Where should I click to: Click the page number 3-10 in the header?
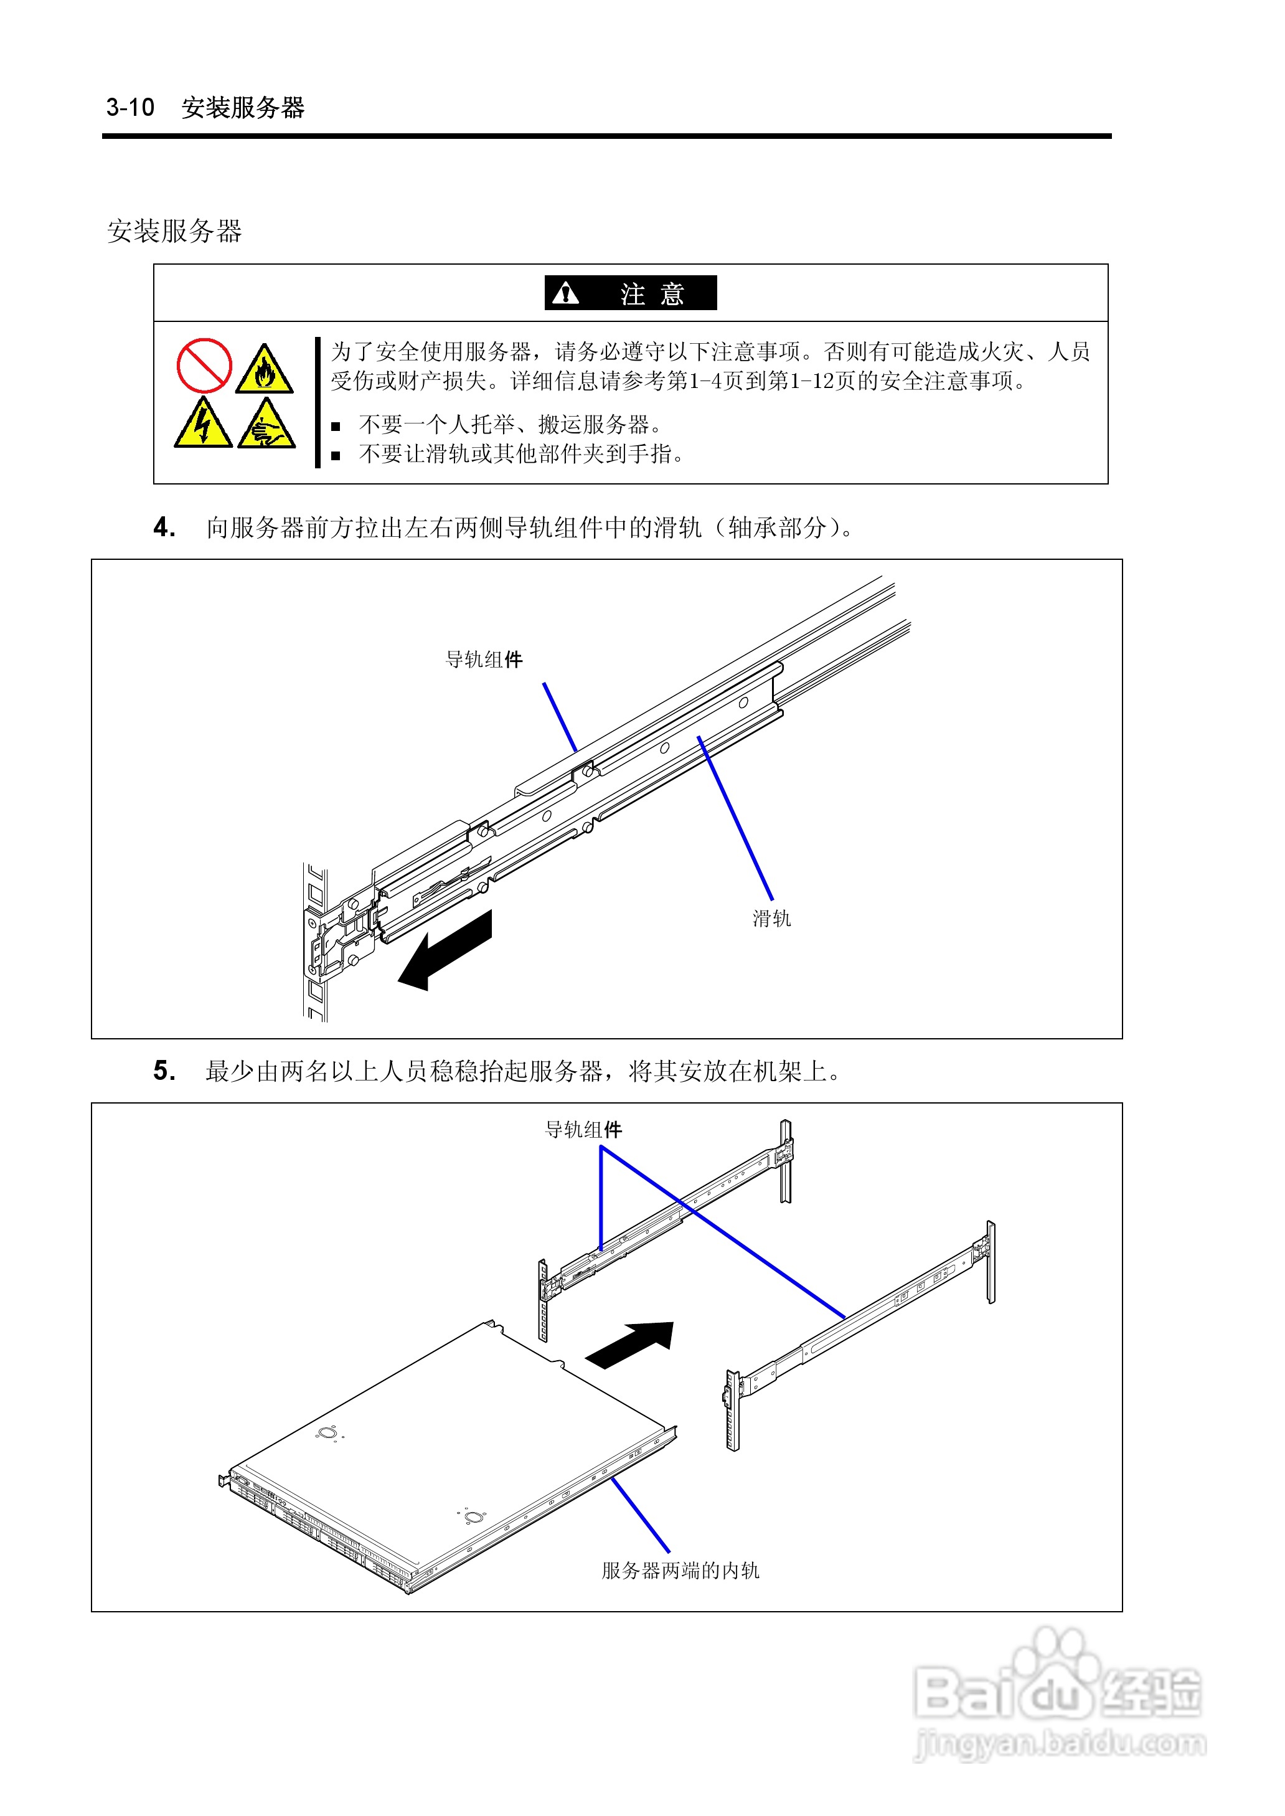point(131,107)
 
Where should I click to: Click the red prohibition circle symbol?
point(204,366)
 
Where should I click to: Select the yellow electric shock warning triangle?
point(202,425)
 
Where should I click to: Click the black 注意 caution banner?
point(630,293)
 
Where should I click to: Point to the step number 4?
point(164,527)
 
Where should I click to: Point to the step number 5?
point(164,1071)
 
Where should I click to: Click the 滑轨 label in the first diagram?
point(771,918)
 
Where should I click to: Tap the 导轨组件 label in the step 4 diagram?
point(484,659)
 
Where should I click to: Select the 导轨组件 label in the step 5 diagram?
point(583,1129)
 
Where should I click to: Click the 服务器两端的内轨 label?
point(680,1570)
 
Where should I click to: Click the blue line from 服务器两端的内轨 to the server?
point(641,1515)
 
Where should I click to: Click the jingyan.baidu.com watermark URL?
point(1060,1743)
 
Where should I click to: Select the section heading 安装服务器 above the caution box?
point(174,231)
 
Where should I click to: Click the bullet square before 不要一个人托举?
point(336,427)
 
